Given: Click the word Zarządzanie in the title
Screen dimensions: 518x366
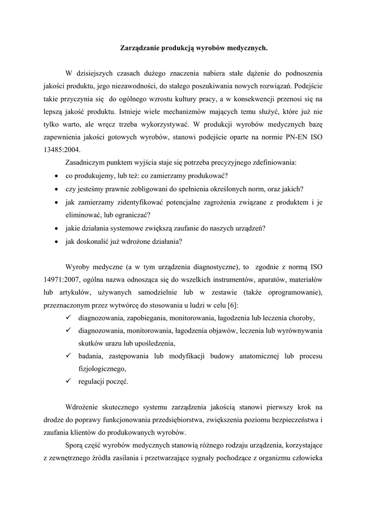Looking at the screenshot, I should click(139, 49).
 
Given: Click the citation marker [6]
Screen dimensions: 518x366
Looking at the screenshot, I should click(231, 305).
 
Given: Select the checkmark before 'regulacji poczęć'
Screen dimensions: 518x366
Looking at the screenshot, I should click(68, 381).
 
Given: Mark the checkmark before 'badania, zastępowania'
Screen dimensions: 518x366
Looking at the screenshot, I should click(68, 356).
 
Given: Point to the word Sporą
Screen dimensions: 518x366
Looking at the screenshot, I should click(75, 446).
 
